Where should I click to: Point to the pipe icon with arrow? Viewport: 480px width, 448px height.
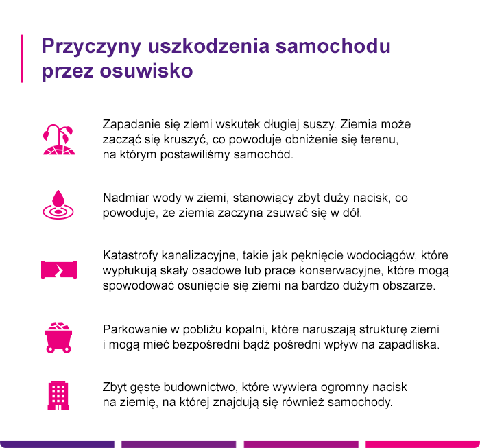(x=58, y=270)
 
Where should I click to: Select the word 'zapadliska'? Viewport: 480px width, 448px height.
(x=412, y=344)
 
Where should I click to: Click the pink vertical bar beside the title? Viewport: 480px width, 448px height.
(x=22, y=58)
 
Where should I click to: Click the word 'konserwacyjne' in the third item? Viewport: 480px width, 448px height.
(x=341, y=270)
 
